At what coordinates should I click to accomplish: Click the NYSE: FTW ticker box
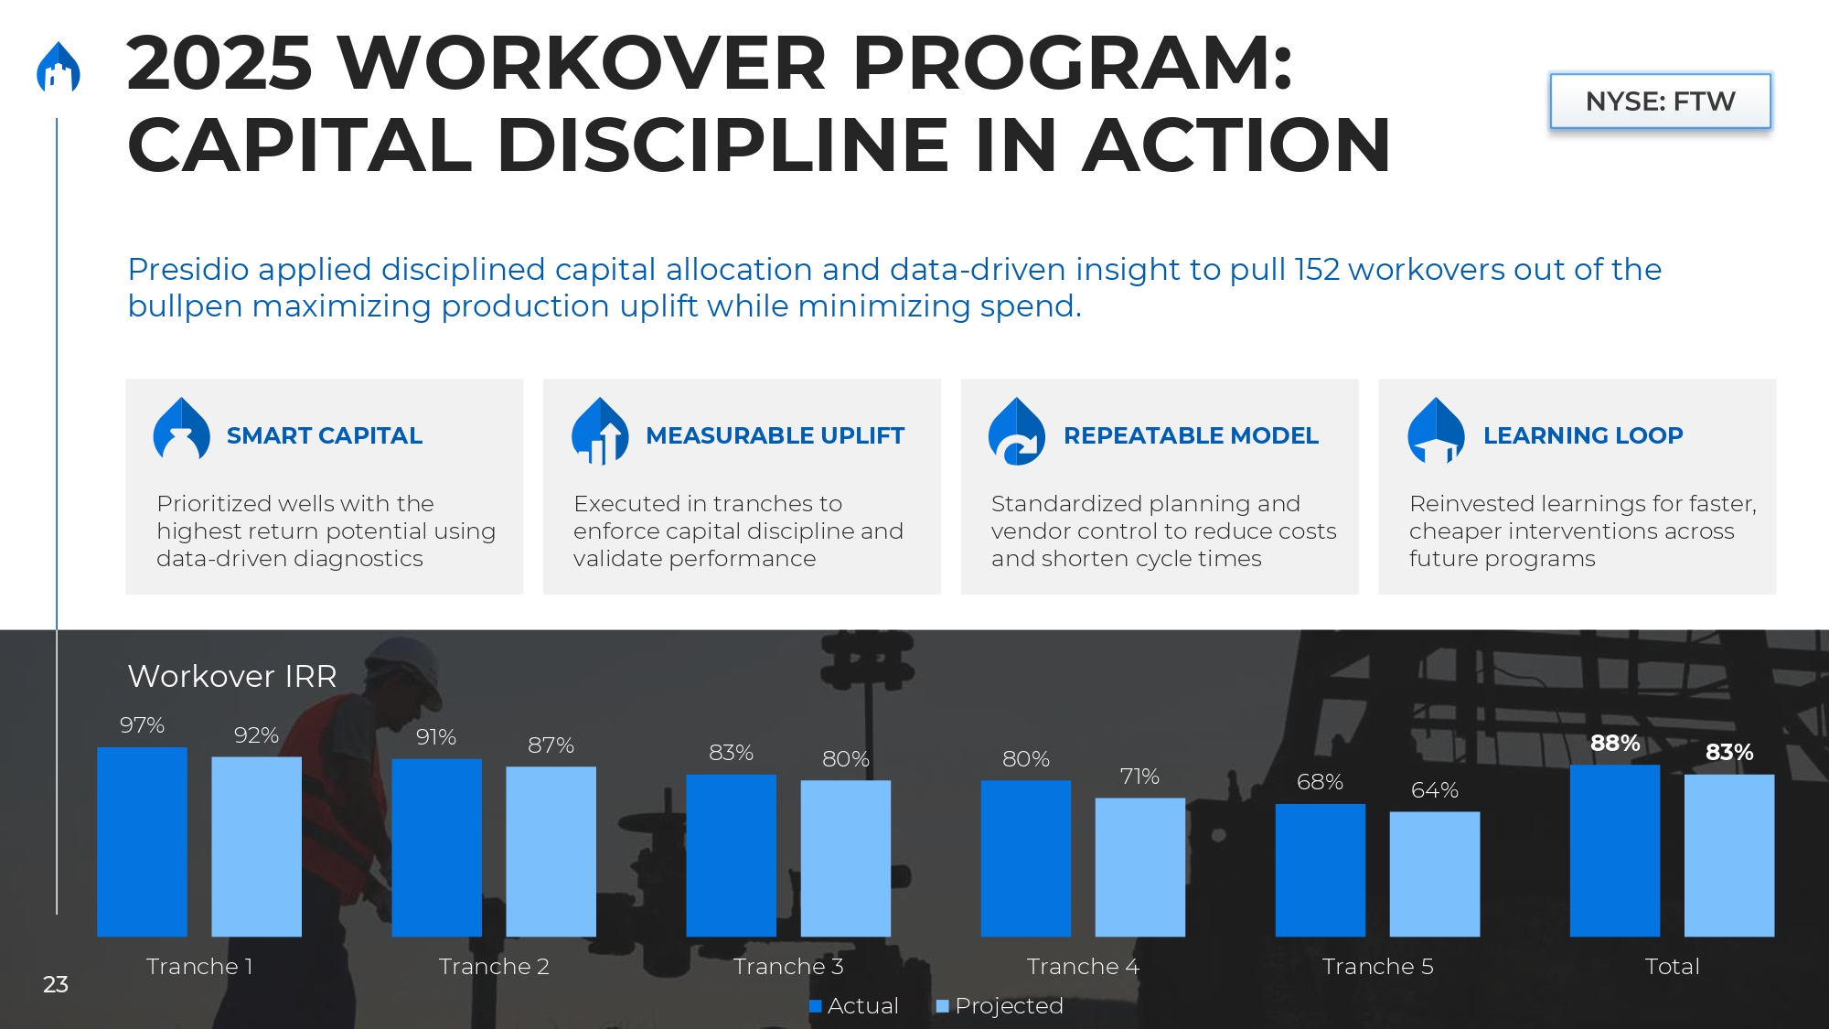[1660, 101]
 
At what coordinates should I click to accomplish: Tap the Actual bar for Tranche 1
[142, 841]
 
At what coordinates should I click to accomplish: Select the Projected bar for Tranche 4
[1139, 867]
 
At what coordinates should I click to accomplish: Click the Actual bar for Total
[1615, 851]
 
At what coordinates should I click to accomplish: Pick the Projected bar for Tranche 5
[1435, 874]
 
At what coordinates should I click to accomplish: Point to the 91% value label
[436, 737]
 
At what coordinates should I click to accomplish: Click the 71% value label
[1139, 777]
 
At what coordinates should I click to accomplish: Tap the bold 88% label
[1615, 743]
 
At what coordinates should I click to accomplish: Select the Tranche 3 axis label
[788, 967]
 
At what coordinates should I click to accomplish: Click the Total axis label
[1672, 967]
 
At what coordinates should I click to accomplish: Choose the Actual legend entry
[854, 1006]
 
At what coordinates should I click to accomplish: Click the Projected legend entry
[1000, 1006]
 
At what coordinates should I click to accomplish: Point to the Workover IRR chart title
[232, 676]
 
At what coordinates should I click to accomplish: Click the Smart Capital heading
[325, 435]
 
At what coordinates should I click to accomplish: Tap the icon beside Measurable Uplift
[600, 431]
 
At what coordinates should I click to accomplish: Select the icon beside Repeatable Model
[1017, 431]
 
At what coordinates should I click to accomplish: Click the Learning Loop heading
[1583, 435]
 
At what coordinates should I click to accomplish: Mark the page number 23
[56, 984]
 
